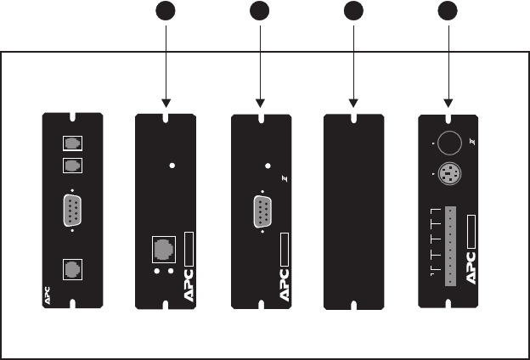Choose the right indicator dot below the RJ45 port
[x=171, y=273]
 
